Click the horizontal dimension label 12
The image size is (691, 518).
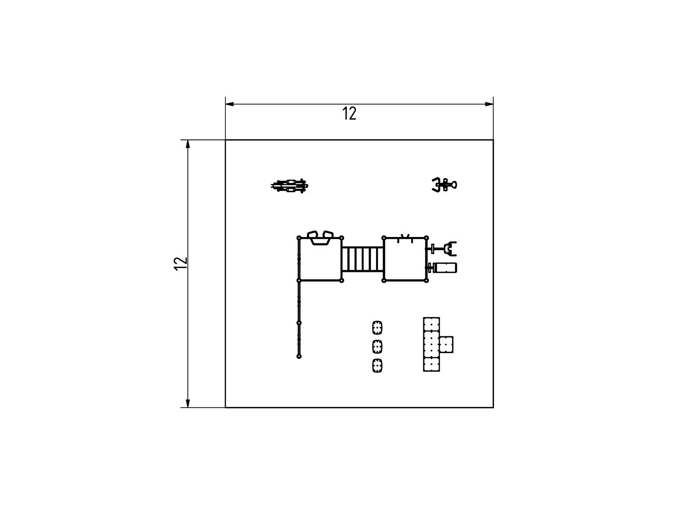(349, 113)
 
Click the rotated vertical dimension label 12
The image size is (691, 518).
(181, 264)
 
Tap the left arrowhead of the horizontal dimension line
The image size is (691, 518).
(229, 104)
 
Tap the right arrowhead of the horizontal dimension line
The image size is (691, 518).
(489, 104)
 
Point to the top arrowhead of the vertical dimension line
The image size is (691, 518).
(188, 144)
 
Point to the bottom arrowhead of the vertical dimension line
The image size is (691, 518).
(188, 403)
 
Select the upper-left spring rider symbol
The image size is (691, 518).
(289, 186)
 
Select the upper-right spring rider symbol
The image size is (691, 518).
(444, 185)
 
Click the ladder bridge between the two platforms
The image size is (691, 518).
(363, 259)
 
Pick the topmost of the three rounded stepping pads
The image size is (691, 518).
(377, 328)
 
